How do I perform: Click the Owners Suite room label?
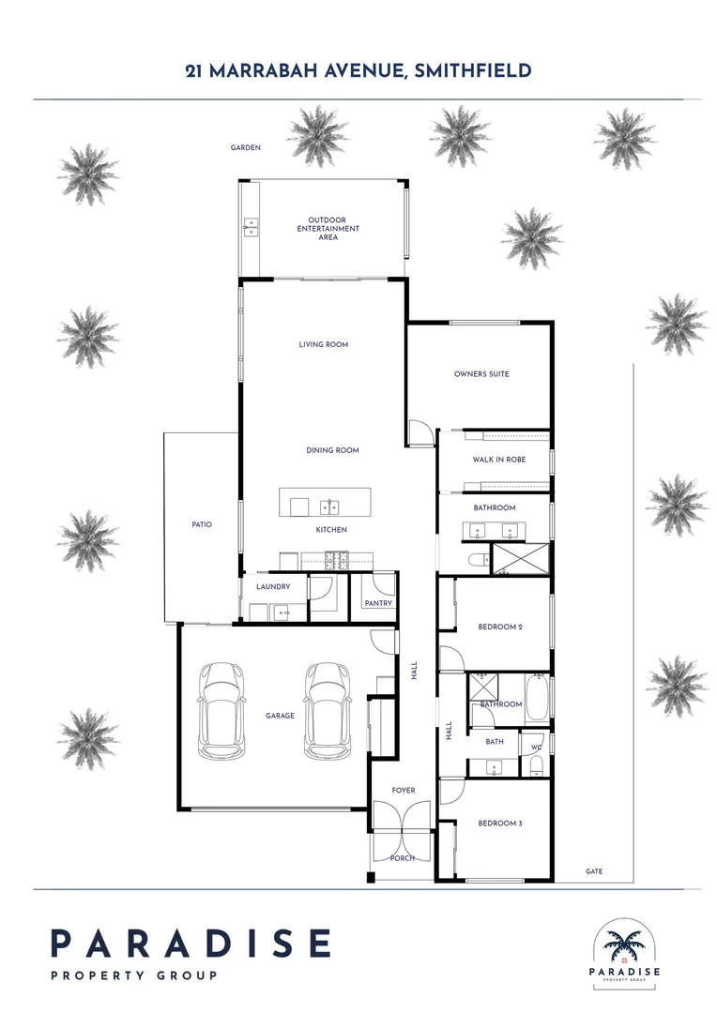coord(481,374)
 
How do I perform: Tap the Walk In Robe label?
coord(498,460)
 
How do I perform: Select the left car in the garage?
coord(222,710)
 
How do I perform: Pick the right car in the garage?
coord(328,710)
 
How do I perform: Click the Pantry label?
coord(379,603)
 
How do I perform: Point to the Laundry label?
coord(273,587)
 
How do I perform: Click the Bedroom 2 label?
coord(500,627)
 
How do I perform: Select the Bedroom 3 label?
coord(500,824)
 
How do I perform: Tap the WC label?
coord(536,748)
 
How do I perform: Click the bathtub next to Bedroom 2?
coord(538,699)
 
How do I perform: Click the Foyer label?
coord(402,791)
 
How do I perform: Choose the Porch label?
coord(402,858)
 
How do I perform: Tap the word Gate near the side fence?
coord(594,871)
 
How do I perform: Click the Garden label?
coord(246,148)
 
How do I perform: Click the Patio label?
coord(201,524)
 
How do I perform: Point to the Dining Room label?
coord(332,450)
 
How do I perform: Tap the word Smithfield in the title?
coord(472,70)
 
